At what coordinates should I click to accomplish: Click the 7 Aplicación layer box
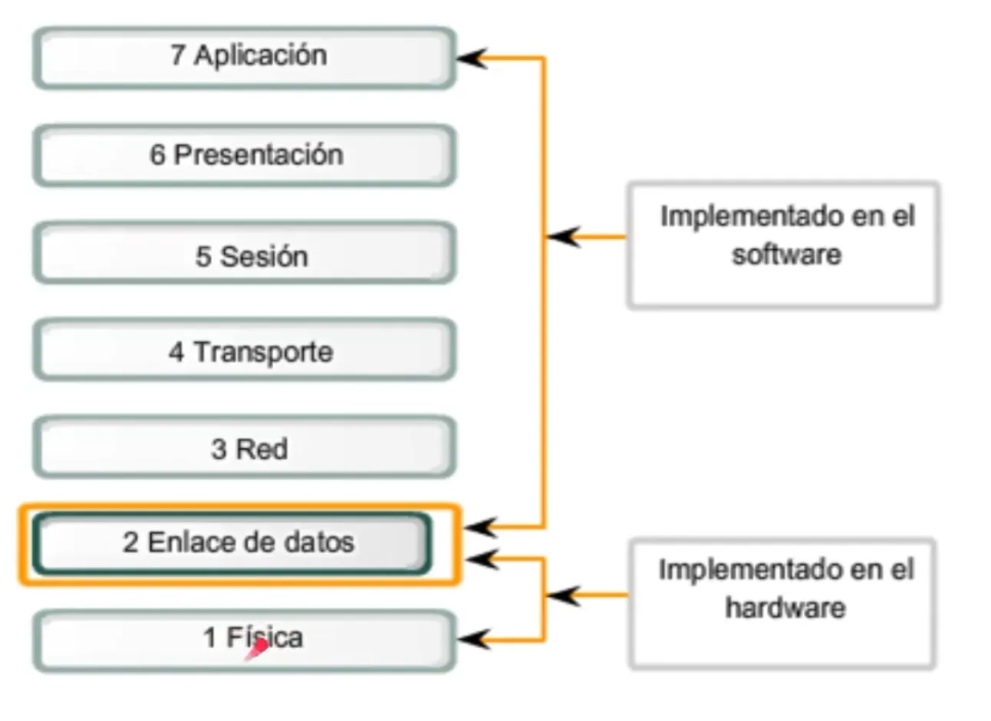click(244, 58)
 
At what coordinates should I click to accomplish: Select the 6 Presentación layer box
click(244, 155)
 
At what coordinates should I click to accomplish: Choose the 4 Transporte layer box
click(244, 351)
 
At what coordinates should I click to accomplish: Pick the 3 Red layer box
click(244, 447)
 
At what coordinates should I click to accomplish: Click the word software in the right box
click(786, 254)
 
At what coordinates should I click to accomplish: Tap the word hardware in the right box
click(785, 607)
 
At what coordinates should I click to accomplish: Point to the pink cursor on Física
click(258, 649)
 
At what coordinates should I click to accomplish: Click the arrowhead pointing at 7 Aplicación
click(471, 58)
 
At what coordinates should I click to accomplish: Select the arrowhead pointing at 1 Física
click(473, 639)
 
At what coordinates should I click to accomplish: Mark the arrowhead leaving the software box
click(564, 236)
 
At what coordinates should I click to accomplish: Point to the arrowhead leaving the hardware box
click(564, 595)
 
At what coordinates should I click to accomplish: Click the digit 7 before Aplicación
click(178, 55)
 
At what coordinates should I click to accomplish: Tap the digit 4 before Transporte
click(176, 352)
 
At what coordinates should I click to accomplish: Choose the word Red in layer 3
click(262, 449)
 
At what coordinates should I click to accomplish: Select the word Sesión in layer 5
click(264, 256)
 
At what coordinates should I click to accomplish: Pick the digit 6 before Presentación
click(157, 155)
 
